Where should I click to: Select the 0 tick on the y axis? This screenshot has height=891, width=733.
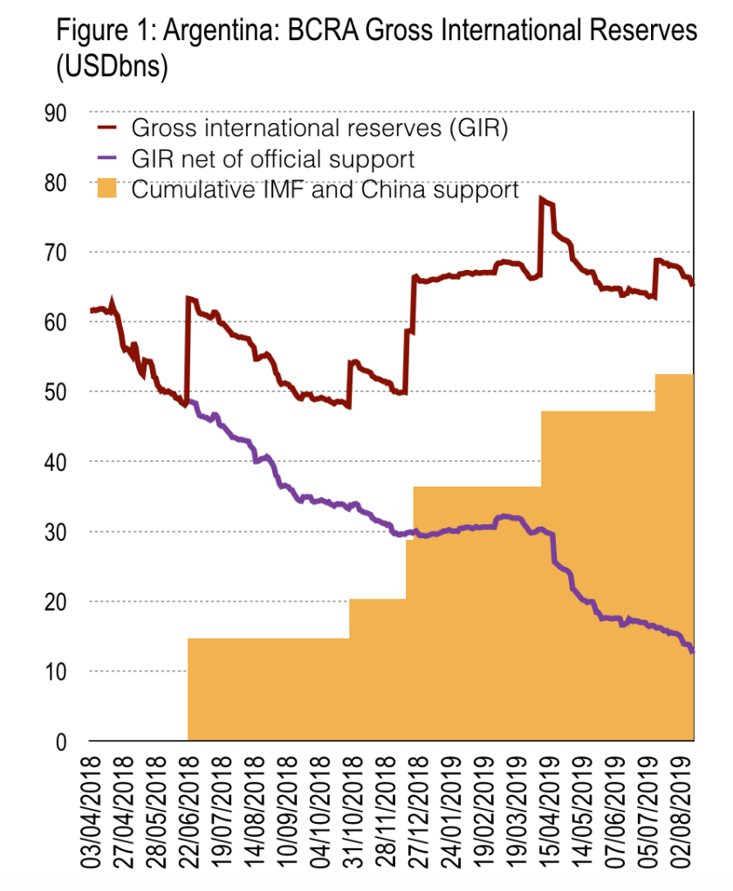click(x=62, y=742)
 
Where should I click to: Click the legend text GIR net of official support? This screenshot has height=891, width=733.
click(x=272, y=159)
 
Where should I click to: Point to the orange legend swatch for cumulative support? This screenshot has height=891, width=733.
click(x=107, y=189)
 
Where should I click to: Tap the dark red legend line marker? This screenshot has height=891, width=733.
click(x=107, y=129)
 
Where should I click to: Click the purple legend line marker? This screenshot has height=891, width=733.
click(x=107, y=159)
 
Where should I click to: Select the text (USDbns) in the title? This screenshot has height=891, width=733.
click(x=112, y=67)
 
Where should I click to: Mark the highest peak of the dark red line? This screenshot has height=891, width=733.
click(x=542, y=200)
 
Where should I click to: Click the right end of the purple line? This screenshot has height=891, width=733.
click(x=692, y=652)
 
